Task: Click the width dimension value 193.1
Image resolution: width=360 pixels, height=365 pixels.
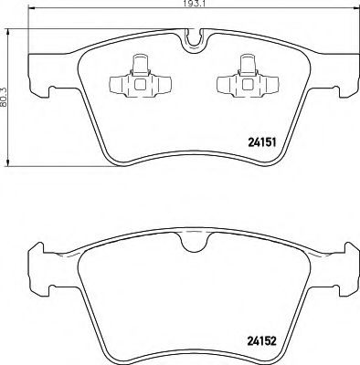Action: click(x=189, y=5)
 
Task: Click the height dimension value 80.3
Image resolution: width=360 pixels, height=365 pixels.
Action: click(x=5, y=93)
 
